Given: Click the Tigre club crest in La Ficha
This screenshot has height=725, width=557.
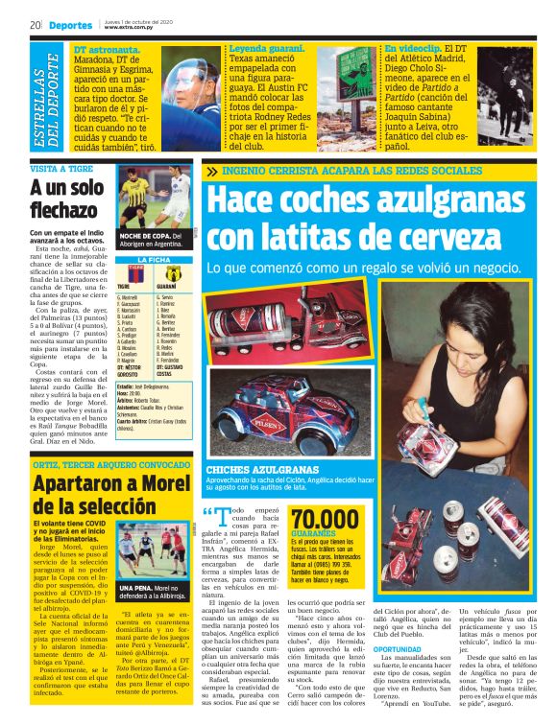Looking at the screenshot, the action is click(123, 273).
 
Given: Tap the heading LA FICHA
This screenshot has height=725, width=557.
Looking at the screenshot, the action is click(153, 260).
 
